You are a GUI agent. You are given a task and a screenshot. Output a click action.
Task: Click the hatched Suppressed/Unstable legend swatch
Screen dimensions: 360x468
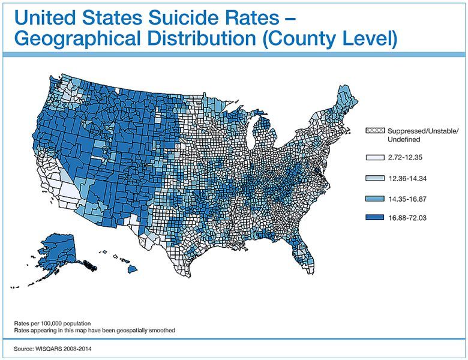pos(374,131)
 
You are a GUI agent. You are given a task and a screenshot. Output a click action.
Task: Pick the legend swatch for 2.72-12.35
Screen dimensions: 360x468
pos(374,158)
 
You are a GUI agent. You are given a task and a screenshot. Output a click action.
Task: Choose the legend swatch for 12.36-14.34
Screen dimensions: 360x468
pos(374,178)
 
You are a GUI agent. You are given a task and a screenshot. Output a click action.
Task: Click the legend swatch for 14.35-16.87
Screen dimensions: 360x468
pos(374,198)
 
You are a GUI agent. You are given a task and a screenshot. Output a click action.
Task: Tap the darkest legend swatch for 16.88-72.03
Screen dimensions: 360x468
pos(374,218)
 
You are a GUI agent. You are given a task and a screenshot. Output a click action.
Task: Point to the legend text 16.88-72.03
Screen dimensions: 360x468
pos(409,218)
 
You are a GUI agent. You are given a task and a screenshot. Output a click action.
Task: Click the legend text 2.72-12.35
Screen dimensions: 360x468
pos(407,158)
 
